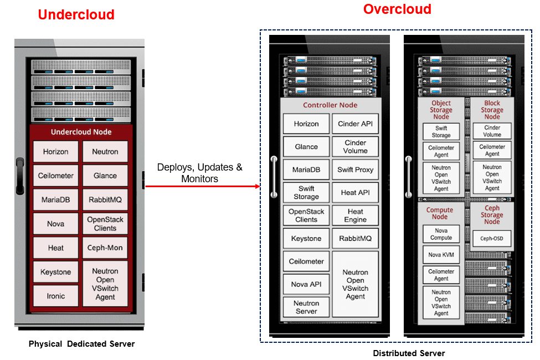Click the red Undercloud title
tap(76, 14)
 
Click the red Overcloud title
tap(397, 9)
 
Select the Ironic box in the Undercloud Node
tap(55, 296)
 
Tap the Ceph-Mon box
tap(105, 248)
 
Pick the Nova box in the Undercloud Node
tap(55, 224)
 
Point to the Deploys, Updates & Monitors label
tap(199, 173)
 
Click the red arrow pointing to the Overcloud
tap(202, 187)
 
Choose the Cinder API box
tap(355, 124)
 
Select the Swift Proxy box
tap(355, 169)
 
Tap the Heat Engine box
tap(355, 215)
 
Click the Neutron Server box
tap(306, 307)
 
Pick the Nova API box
tap(306, 284)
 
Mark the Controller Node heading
tap(330, 105)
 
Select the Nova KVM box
tap(441, 255)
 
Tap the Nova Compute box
tap(441, 234)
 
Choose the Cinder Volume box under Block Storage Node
tap(492, 131)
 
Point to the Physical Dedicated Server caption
tap(81, 344)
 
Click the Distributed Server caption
tap(409, 353)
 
